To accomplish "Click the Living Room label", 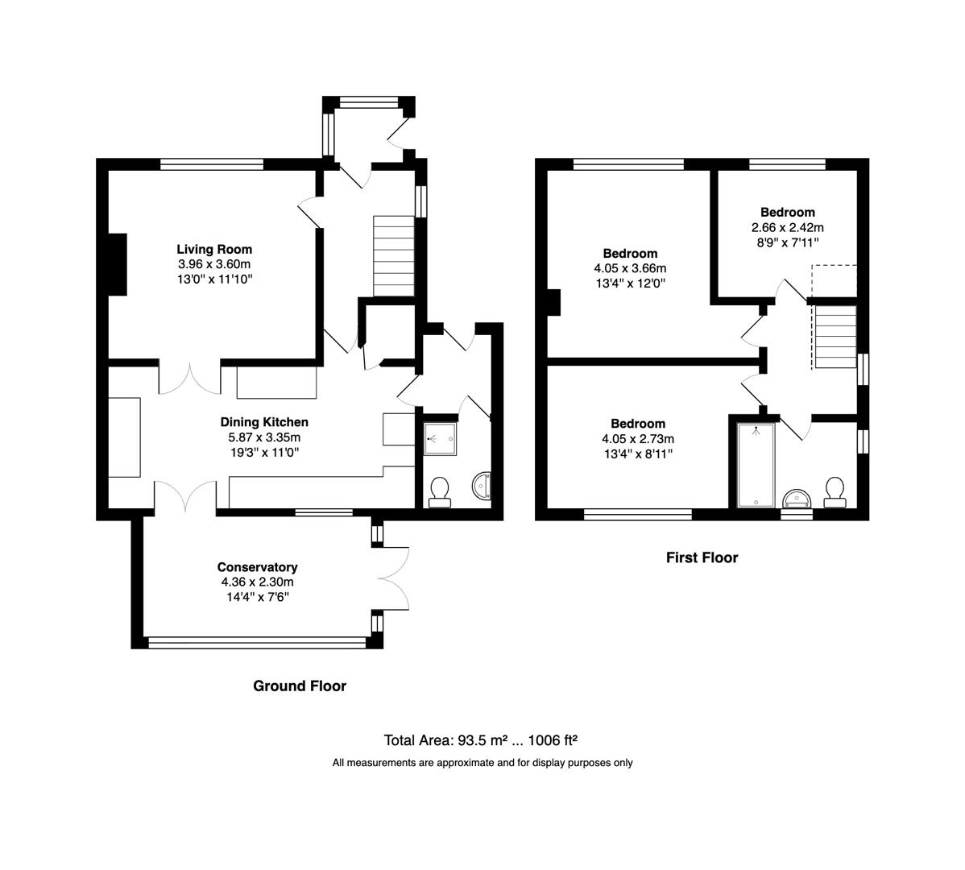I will [214, 250].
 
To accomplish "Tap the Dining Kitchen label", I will [264, 422].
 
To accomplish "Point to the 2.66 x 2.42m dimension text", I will [787, 227].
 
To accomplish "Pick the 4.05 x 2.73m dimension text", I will [637, 439].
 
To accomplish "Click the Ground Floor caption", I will [300, 686].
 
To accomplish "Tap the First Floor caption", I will [702, 557].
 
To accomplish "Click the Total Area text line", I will [482, 740].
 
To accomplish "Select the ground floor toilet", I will [440, 491].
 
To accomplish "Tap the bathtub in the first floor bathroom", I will [756, 465].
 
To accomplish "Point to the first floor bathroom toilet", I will [835, 492].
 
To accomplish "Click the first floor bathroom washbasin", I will [797, 496].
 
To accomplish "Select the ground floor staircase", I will [394, 256].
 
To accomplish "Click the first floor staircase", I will [835, 336].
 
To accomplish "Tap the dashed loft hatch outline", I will [834, 280].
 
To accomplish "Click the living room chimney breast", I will [118, 264].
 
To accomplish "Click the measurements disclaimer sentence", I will [482, 763].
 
